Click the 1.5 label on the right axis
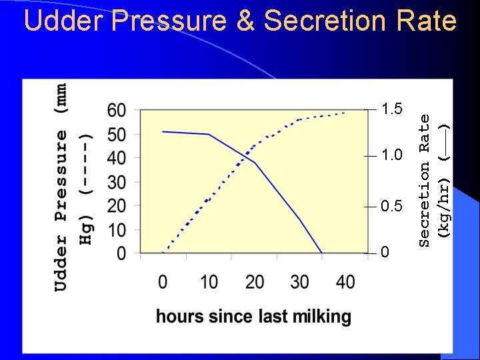coord(391,109)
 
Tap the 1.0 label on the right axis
coord(391,156)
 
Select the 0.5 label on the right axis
coord(391,205)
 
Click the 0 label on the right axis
coord(384,253)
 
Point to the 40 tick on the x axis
coord(345,282)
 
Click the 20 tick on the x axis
coord(255,282)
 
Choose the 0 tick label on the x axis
coord(163,282)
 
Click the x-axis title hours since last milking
coord(253,316)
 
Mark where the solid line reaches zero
coord(322,253)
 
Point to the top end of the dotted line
coord(345,113)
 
